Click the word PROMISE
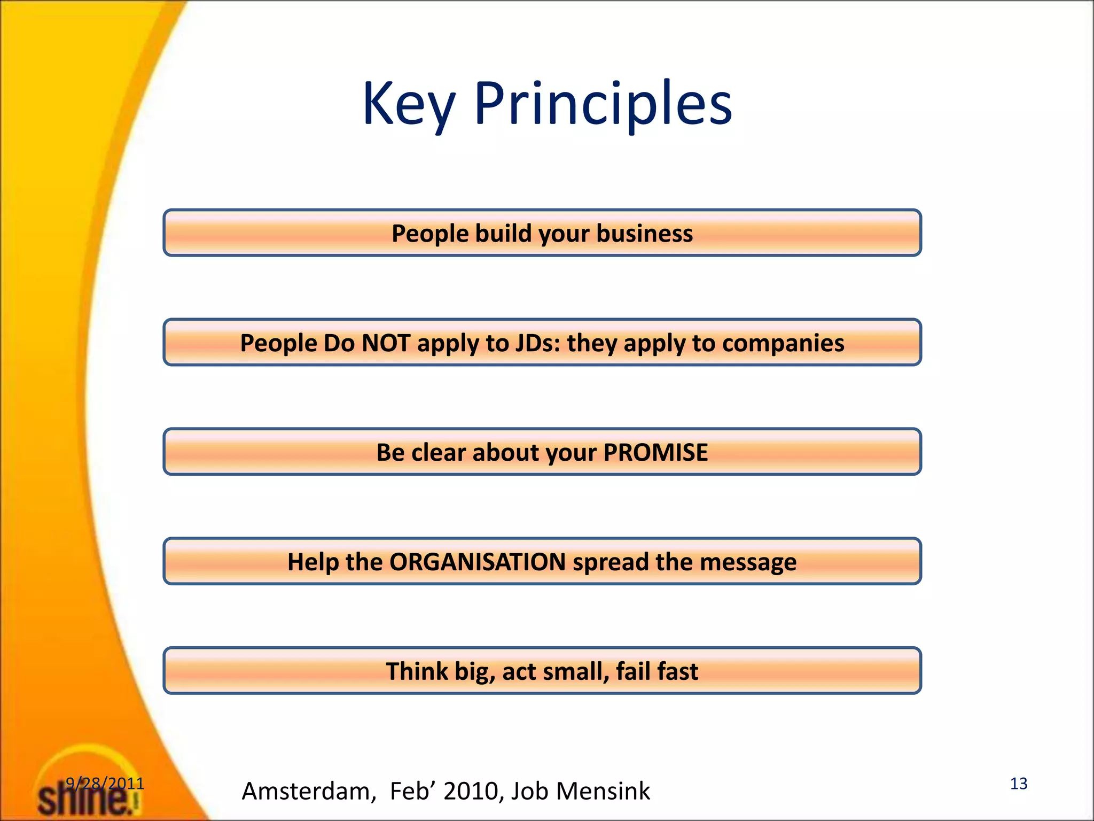tap(655, 452)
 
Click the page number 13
tap(1018, 784)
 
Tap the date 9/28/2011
tap(105, 784)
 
